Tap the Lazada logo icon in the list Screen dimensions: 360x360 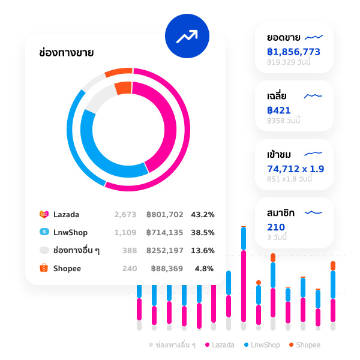click(x=44, y=214)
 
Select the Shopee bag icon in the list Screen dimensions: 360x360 click(x=44, y=268)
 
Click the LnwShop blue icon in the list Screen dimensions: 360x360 click(x=44, y=232)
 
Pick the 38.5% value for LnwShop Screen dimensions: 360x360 click(x=202, y=232)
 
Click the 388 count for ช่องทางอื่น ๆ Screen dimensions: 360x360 click(x=129, y=250)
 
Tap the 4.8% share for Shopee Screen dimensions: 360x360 click(x=204, y=268)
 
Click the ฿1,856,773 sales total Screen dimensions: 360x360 click(x=293, y=52)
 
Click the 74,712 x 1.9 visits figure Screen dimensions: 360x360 click(x=295, y=169)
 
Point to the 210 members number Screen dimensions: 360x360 click(x=276, y=227)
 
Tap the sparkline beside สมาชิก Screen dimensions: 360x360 click(x=314, y=212)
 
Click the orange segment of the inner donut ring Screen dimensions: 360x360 click(x=122, y=88)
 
